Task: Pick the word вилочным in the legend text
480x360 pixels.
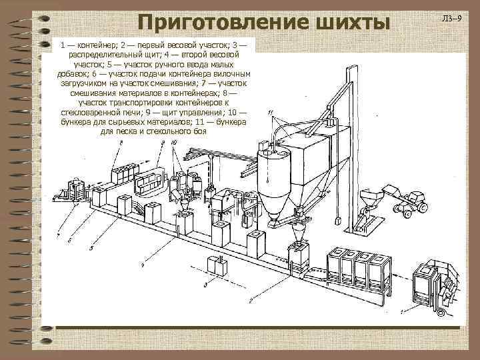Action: [224, 75]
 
